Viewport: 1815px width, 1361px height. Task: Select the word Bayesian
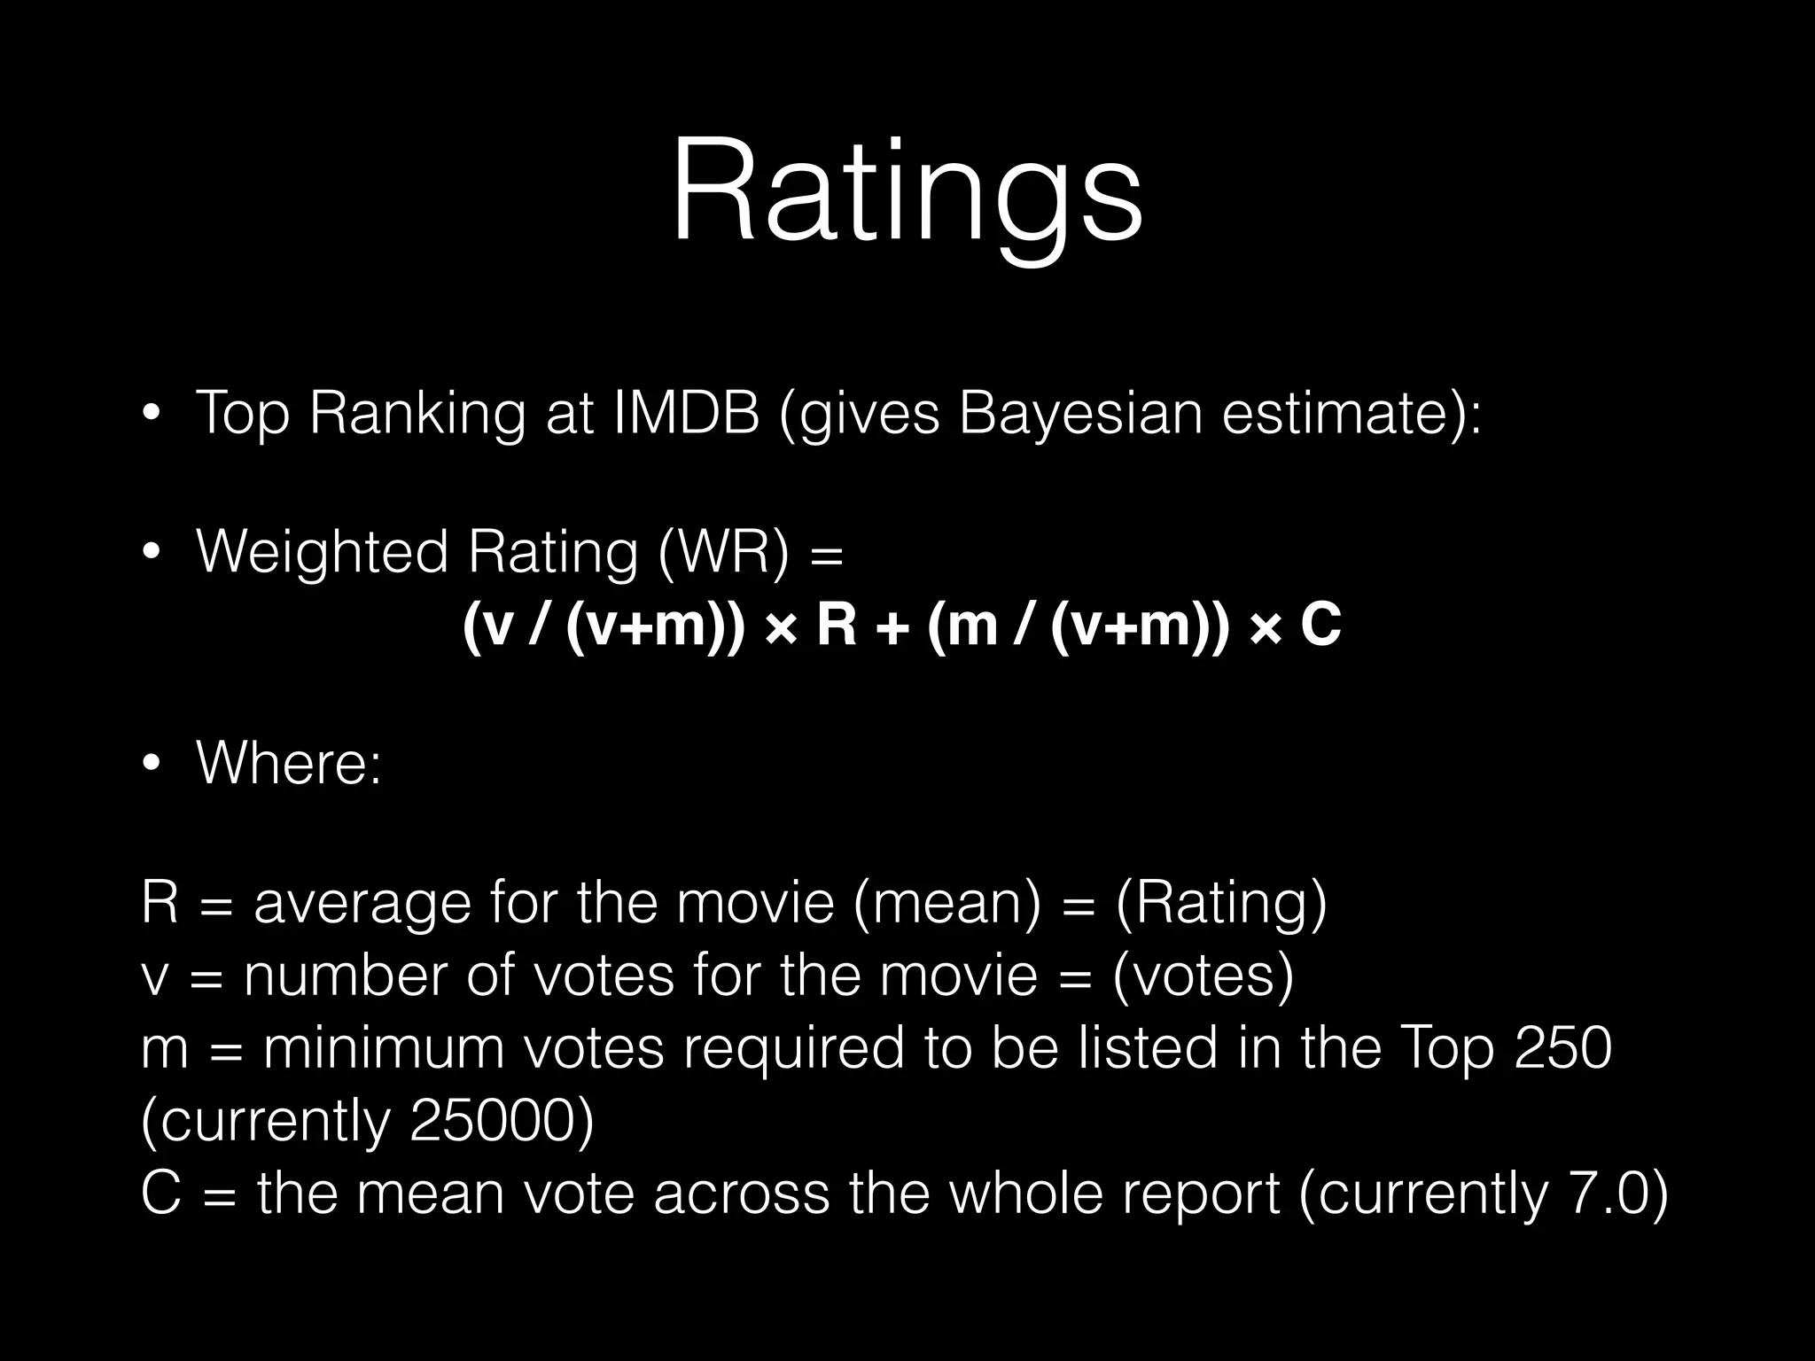pyautogui.click(x=1080, y=413)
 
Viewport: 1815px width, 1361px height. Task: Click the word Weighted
pyautogui.click(x=322, y=552)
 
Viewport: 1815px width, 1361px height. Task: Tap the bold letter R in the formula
pyautogui.click(x=836, y=626)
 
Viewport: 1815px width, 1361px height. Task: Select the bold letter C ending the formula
pyautogui.click(x=1320, y=626)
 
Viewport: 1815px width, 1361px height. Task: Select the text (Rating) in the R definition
pyautogui.click(x=1221, y=903)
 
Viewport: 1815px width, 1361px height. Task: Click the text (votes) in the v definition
pyautogui.click(x=1203, y=976)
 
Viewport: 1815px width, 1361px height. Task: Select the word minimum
pyautogui.click(x=383, y=1047)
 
